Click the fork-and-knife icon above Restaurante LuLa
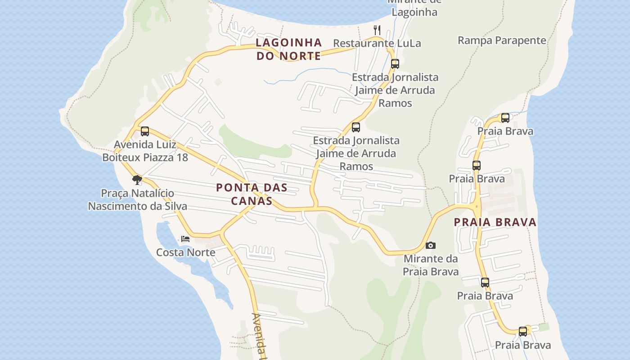click(377, 30)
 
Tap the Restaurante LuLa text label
click(377, 43)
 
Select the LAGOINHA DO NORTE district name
click(289, 49)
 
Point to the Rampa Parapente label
click(502, 40)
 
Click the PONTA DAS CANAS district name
click(252, 194)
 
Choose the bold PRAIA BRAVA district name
click(495, 222)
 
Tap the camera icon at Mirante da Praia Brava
click(431, 245)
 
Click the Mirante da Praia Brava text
click(431, 265)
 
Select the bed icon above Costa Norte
click(185, 238)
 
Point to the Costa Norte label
click(185, 252)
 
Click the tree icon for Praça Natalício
click(137, 180)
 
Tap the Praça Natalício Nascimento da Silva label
click(137, 200)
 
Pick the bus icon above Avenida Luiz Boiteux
click(145, 131)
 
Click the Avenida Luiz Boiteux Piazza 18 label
click(145, 151)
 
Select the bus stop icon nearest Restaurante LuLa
click(395, 64)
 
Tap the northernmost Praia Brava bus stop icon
click(505, 118)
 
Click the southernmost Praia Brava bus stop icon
click(523, 332)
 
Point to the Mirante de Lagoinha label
click(414, 8)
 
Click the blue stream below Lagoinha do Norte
click(306, 73)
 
